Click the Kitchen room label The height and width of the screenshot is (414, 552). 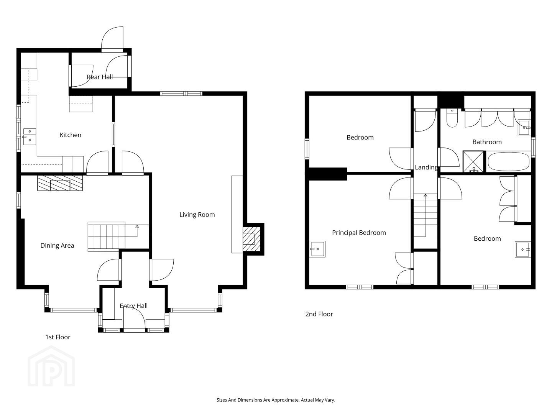point(71,135)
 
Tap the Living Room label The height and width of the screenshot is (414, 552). point(197,215)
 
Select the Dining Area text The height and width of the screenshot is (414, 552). point(58,246)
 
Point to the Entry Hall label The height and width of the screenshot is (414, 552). point(133,306)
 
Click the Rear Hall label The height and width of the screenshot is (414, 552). point(100,77)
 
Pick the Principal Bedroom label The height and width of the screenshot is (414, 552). point(359,233)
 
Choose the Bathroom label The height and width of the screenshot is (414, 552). point(487,142)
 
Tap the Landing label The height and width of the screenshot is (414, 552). point(426,168)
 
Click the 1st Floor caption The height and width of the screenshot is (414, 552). point(58,337)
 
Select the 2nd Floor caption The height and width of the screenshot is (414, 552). point(319,314)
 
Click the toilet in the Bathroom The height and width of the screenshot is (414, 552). point(452,118)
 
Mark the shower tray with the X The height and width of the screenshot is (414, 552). point(473,161)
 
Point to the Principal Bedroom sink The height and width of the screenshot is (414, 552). point(317,249)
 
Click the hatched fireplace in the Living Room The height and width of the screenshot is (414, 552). point(251,239)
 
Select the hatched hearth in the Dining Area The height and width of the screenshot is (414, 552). point(60,183)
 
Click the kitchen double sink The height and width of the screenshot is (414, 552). point(30,136)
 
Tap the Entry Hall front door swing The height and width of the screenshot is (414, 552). point(134,317)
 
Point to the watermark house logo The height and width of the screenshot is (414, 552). point(51,366)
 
